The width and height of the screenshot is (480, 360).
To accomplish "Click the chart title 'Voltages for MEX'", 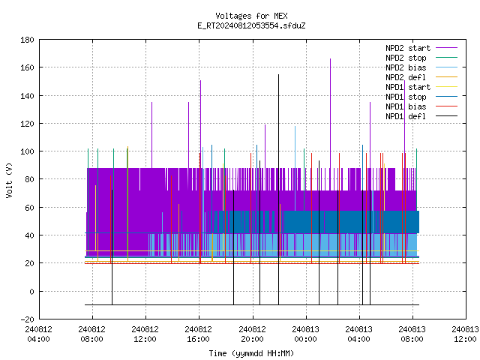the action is coord(251,16).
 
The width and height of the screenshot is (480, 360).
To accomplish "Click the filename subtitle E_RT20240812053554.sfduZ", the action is coord(251,25).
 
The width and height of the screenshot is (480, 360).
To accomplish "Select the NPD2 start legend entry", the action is coord(421,48).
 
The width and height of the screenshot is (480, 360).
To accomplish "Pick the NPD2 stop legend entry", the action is coord(421,58).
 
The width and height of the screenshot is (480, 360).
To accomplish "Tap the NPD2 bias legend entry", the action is coord(421,67).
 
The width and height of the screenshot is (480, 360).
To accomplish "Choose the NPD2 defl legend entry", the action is coord(421,77).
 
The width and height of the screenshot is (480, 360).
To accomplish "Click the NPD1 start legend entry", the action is coord(421,87).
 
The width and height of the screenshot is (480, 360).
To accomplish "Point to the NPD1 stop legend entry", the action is coord(421,97).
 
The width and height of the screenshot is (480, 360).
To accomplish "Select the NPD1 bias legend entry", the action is coord(421,106).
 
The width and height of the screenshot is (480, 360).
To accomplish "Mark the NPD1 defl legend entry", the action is coord(421,117).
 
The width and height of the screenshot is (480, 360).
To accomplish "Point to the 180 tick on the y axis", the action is coord(27,40).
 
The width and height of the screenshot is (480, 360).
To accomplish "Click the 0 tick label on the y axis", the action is coord(31,292).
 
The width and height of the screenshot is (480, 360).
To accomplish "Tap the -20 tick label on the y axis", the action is coord(27,319).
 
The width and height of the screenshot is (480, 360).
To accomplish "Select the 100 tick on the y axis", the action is coord(27,151).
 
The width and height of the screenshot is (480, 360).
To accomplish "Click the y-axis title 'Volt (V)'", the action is coord(9,180).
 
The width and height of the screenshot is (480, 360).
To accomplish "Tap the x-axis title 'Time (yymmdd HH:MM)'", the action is coord(251,353).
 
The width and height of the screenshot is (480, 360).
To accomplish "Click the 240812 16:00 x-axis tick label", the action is coord(198,334).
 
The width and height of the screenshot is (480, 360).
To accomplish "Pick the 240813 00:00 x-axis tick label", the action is coord(305,334).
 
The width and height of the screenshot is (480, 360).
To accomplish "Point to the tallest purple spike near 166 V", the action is coord(330,113).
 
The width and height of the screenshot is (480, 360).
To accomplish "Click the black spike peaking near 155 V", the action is coord(278,190).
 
